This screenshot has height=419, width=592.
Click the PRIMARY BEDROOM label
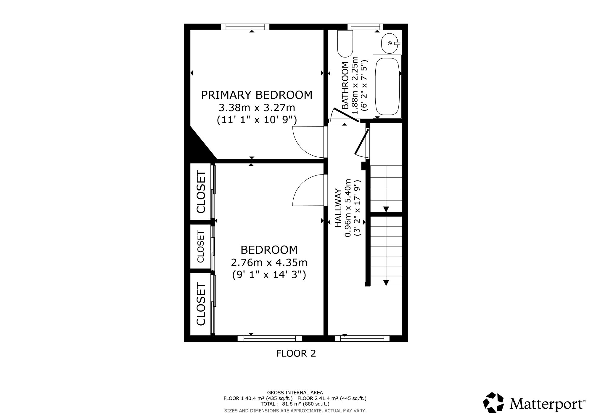coord(257,95)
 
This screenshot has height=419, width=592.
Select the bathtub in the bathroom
coord(387,87)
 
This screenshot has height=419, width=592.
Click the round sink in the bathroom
coord(390,43)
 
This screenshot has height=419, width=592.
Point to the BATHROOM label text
coord(345,86)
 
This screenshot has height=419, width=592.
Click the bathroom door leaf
coord(345,115)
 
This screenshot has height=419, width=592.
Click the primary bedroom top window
coord(245,27)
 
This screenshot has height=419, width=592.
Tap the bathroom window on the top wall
coord(365,27)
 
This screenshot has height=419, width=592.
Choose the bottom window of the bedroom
coord(270,338)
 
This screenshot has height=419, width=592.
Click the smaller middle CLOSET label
coord(201,247)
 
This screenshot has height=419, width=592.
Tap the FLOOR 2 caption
coord(296,353)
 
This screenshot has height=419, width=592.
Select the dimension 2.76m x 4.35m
coord(269,263)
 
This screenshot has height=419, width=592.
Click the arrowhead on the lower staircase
coord(386,283)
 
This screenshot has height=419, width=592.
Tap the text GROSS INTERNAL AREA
coord(295,393)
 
